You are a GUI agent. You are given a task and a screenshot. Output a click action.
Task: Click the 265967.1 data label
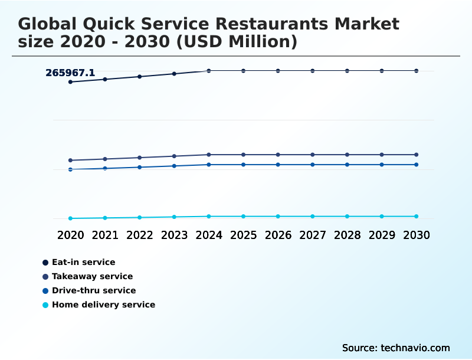[x=70, y=73]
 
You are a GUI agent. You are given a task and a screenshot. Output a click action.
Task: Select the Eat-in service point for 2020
[x=70, y=82]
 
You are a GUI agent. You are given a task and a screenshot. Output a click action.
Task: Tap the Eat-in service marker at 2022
[x=140, y=77]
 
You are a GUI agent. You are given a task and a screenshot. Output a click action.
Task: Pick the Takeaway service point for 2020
[x=70, y=161]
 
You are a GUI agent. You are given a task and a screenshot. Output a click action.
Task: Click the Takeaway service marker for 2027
[x=313, y=155]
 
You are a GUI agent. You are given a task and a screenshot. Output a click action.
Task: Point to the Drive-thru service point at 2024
[x=209, y=165]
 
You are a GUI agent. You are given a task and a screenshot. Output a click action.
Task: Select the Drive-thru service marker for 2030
[x=417, y=165]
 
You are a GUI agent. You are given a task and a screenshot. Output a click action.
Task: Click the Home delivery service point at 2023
[x=174, y=217]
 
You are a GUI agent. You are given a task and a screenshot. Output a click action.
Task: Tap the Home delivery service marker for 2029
[x=382, y=217]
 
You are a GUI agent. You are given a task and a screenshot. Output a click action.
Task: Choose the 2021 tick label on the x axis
[x=105, y=235]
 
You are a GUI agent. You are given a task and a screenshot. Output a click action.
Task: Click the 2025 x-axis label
[x=243, y=235]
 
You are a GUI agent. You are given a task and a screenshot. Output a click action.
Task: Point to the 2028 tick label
[x=347, y=235]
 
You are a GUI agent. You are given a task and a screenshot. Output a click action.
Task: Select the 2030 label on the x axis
[x=417, y=235]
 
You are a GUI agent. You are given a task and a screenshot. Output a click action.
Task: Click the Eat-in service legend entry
[x=83, y=262]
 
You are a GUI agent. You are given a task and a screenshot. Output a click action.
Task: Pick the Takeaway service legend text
[x=92, y=276]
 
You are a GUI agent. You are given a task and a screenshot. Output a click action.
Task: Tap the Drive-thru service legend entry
[x=93, y=290]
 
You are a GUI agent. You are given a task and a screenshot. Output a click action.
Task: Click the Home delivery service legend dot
[x=45, y=305]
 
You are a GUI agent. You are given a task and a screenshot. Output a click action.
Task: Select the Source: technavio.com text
[x=396, y=348]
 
